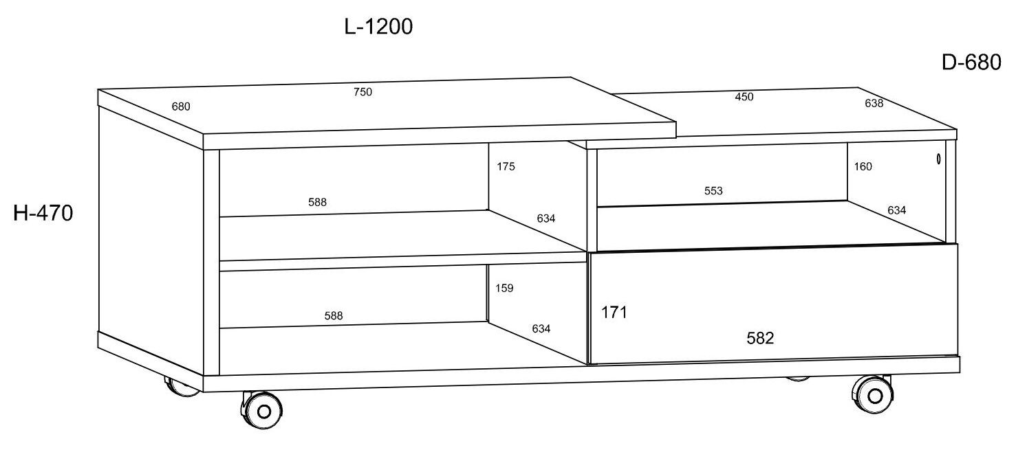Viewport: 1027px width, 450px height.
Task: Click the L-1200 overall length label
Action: (x=378, y=27)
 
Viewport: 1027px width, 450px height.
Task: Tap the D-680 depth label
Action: (x=971, y=63)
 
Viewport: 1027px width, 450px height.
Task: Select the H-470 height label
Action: (x=43, y=214)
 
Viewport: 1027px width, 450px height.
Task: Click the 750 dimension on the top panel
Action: (x=363, y=92)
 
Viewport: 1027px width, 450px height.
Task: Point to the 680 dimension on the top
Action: (x=181, y=106)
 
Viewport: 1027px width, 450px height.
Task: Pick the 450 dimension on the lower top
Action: (x=744, y=97)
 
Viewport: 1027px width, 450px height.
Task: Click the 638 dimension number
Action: (x=874, y=104)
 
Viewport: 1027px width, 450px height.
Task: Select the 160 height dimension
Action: (x=863, y=166)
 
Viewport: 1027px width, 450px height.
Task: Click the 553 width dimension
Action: (x=713, y=191)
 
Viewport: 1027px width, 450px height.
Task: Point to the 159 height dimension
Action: (x=504, y=289)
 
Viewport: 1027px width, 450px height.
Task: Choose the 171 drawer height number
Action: (x=614, y=313)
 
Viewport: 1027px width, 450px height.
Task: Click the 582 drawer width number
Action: (x=760, y=338)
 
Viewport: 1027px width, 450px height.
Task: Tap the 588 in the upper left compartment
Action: (x=317, y=202)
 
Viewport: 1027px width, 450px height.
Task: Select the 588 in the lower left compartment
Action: (x=333, y=316)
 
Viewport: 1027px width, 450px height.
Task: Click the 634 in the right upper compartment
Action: (x=896, y=210)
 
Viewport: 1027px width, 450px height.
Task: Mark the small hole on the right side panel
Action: (x=939, y=159)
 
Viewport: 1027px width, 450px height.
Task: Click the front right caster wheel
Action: (x=874, y=396)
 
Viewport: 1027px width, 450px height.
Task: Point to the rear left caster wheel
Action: (x=181, y=387)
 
